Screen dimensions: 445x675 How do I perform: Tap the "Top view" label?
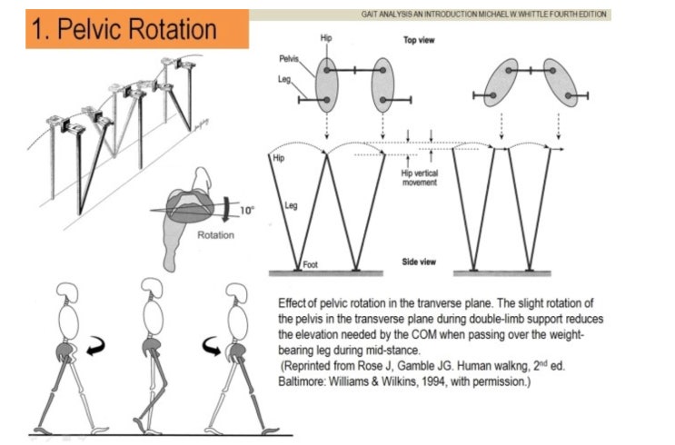coord(417,41)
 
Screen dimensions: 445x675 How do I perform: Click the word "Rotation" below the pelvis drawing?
coord(214,235)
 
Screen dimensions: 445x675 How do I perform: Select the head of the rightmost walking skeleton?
coord(237,292)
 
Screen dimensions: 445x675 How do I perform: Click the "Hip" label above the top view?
coord(326,39)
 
